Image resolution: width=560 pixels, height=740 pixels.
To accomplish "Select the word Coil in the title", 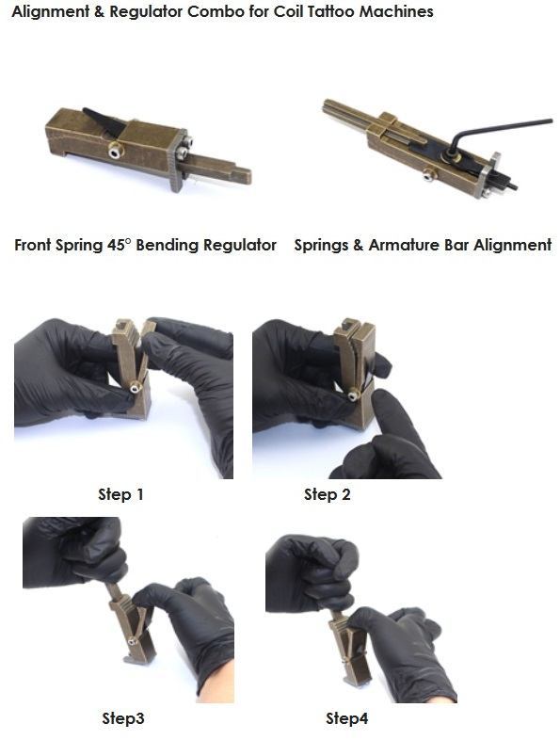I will point(278,12).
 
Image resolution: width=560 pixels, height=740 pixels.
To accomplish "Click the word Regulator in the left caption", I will point(241,245).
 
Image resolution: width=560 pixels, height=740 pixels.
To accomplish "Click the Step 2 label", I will point(327,493).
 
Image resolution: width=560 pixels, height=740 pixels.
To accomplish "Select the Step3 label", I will point(123,718).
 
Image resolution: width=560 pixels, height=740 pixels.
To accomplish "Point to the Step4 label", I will point(346,718).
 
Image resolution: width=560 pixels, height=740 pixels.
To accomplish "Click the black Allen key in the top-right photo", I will point(499,128).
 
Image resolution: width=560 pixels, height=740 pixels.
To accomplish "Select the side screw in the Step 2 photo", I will point(353,395).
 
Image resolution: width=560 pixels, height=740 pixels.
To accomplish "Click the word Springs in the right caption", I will point(322,245).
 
